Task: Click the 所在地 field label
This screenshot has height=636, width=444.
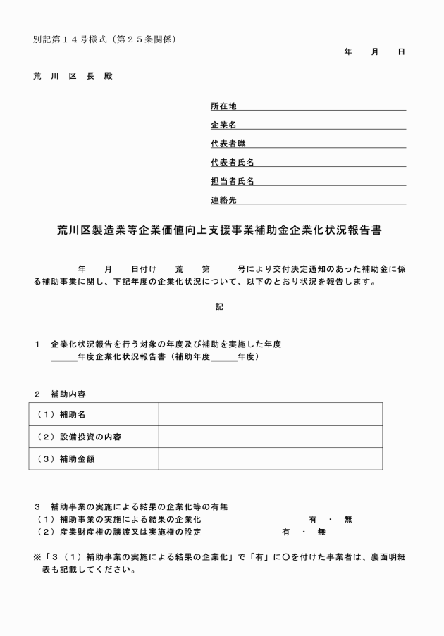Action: point(223,106)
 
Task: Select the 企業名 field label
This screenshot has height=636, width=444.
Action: point(223,125)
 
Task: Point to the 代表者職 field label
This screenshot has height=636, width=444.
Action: point(228,144)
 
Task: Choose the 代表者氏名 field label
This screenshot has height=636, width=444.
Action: point(232,163)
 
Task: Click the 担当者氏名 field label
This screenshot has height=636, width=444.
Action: point(232,181)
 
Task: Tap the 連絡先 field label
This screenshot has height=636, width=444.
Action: point(223,200)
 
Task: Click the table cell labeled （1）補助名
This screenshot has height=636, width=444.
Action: point(93,414)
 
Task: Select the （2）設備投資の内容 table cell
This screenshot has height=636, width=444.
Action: point(93,437)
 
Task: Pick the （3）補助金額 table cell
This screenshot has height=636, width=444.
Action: point(93,459)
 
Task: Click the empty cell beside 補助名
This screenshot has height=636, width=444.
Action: point(270,414)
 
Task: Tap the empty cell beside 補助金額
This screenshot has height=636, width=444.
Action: point(270,459)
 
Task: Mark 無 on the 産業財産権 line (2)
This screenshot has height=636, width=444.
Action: point(321,532)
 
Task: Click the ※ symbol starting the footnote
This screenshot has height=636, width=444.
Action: point(37,556)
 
